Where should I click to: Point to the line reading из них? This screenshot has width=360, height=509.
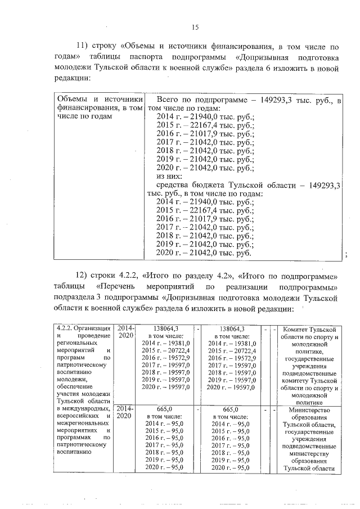[x=167, y=175]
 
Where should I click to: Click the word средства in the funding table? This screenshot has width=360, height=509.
[x=174, y=185]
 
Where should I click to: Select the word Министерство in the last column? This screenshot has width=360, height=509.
[x=309, y=410]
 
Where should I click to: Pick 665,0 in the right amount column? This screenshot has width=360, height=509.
[x=231, y=410]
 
